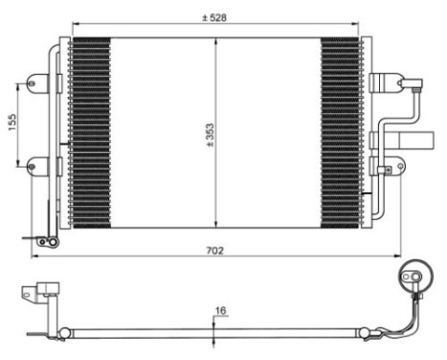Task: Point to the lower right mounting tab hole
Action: point(386,171)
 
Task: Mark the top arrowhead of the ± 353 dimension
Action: point(214,41)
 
